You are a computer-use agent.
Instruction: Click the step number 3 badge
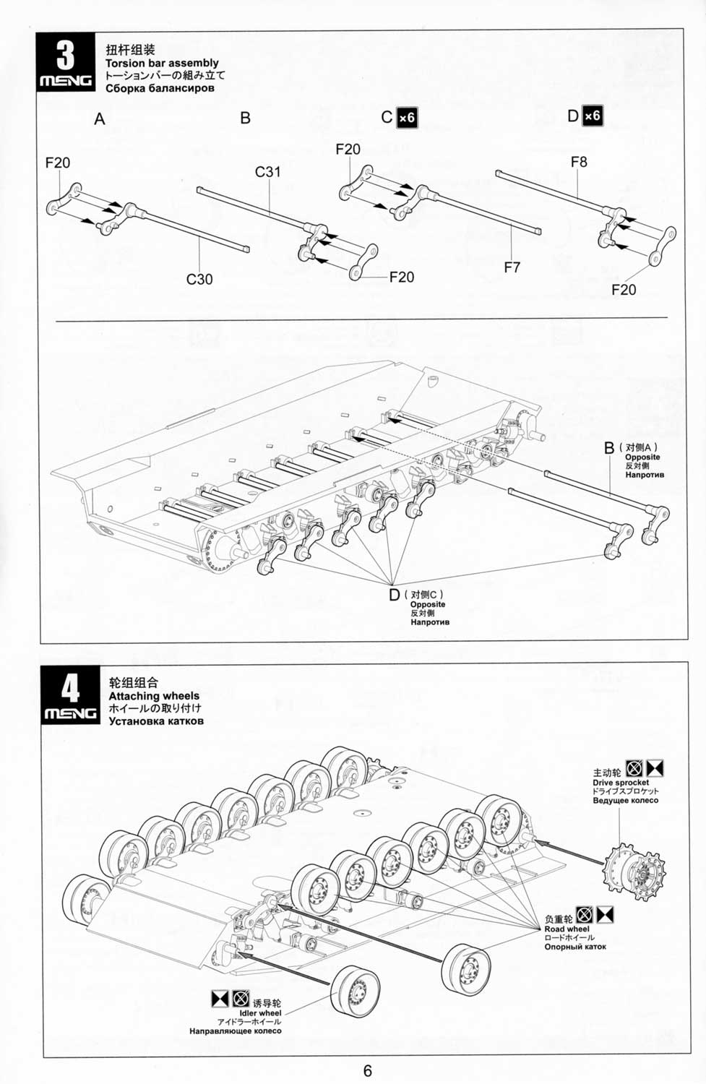coord(65,62)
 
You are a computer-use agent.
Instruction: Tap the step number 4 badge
coord(70,694)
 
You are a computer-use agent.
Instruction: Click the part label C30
coord(199,279)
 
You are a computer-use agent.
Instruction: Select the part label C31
coord(267,172)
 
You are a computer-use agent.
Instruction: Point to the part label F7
coord(512,267)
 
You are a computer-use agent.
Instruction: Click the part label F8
coord(579,162)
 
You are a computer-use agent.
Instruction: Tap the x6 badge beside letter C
coord(406,118)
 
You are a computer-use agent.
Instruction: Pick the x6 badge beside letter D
coord(593,116)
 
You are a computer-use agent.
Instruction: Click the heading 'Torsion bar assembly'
coord(162,63)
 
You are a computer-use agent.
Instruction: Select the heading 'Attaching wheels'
coord(154,696)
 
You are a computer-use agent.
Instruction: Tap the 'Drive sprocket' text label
coord(621,783)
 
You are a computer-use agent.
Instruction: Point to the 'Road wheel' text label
coord(567,929)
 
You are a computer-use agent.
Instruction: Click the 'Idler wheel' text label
coord(260,1013)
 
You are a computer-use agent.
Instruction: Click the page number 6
coord(368,1072)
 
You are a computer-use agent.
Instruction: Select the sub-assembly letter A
coord(99,119)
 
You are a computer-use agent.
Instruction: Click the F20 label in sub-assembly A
coord(58,163)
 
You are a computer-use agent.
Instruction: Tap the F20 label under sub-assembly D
coord(624,290)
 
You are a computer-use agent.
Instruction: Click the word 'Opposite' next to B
coord(642,457)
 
